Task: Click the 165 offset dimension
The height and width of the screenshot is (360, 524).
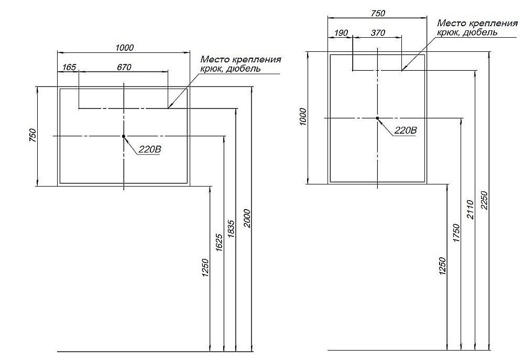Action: tap(69, 67)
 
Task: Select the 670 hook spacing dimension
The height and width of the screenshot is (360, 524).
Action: tap(124, 67)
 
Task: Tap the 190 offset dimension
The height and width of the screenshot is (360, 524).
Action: tap(341, 33)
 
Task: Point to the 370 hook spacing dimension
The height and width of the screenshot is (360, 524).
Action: tap(377, 33)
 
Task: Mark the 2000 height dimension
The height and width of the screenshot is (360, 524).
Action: tap(247, 216)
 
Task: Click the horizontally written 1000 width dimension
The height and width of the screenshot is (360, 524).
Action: tap(124, 48)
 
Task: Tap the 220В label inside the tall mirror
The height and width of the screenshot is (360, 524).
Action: tap(405, 130)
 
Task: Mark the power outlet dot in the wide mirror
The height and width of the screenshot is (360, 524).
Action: tap(124, 136)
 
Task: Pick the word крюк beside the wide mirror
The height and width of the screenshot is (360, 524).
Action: tap(210, 69)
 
